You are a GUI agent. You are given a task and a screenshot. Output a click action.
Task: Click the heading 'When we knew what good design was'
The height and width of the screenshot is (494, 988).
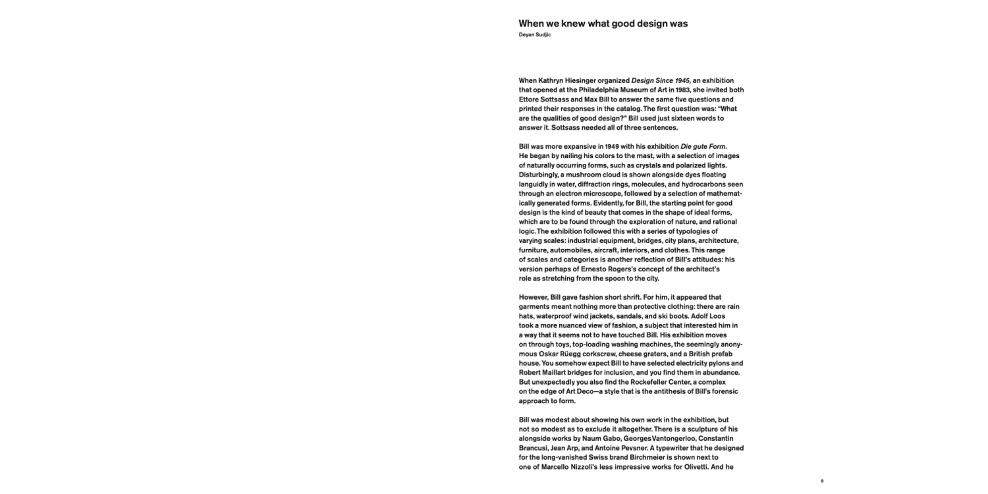click(x=603, y=24)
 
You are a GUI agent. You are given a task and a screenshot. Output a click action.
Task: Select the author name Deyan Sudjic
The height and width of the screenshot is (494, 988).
click(x=534, y=35)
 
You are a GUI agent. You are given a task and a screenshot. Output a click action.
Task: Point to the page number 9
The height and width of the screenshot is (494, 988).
click(x=821, y=481)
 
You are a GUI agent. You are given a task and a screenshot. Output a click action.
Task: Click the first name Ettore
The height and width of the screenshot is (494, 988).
click(x=530, y=99)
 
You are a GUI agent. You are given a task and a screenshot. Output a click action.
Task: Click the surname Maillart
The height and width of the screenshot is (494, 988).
click(x=562, y=373)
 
